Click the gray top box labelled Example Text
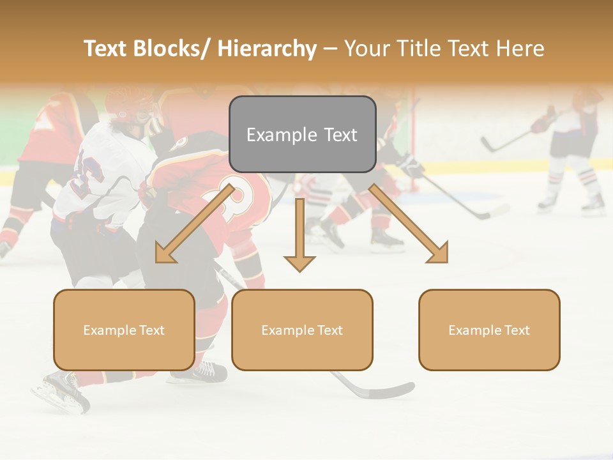(x=302, y=134)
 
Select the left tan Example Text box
(x=124, y=330)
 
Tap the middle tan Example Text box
(x=302, y=330)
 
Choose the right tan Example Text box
(x=489, y=330)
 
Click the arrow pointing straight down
(x=299, y=236)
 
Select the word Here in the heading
(x=520, y=49)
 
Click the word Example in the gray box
(x=273, y=135)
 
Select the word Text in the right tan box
(x=516, y=330)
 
